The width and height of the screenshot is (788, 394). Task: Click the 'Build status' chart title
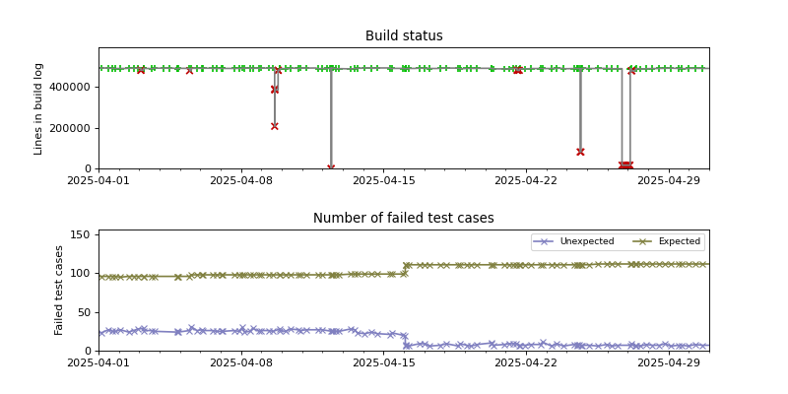click(404, 36)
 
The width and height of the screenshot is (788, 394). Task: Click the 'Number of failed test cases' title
click(404, 219)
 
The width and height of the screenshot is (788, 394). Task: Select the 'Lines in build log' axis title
click(39, 108)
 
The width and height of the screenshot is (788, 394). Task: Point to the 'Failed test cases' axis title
click(59, 290)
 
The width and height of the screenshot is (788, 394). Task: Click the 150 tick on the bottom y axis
click(82, 234)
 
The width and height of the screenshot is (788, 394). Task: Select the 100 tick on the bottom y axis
click(82, 273)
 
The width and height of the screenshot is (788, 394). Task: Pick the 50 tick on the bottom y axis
click(85, 312)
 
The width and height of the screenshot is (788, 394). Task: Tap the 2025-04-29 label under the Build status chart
click(669, 181)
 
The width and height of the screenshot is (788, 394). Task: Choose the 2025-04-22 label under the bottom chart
click(526, 363)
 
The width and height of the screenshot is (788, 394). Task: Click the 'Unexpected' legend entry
click(586, 241)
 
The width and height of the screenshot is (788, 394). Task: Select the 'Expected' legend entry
click(679, 241)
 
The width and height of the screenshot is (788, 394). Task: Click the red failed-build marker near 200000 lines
click(275, 126)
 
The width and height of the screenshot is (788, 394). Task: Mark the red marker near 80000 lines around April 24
click(580, 152)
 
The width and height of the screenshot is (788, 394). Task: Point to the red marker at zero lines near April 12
click(331, 167)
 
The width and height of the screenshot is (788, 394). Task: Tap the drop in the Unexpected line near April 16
click(405, 341)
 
